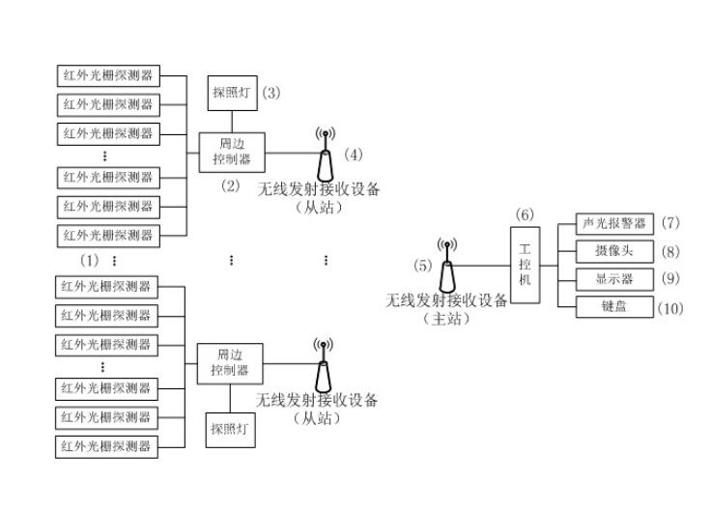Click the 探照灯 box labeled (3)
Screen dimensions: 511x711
click(232, 94)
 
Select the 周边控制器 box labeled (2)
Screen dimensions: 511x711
click(231, 152)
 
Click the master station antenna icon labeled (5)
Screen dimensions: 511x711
click(445, 267)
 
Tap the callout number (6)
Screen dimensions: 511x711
click(525, 213)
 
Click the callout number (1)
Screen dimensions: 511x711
click(89, 261)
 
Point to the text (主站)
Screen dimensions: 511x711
click(446, 319)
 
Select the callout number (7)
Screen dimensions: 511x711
click(671, 223)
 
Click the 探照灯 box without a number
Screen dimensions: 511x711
click(230, 428)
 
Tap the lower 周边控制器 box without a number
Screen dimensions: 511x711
click(229, 363)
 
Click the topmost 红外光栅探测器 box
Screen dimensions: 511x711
click(107, 76)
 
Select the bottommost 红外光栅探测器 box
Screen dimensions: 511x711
click(107, 446)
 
